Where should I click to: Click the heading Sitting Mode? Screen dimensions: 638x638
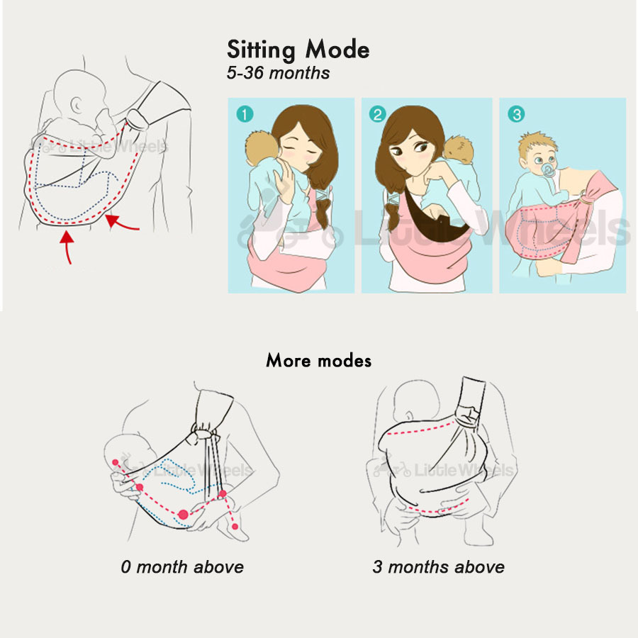tap(298, 50)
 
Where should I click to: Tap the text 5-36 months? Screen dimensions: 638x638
tap(278, 73)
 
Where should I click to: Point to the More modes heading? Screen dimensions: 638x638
tap(318, 360)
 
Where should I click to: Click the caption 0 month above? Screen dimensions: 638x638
tap(181, 567)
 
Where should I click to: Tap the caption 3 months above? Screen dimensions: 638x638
tap(438, 567)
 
